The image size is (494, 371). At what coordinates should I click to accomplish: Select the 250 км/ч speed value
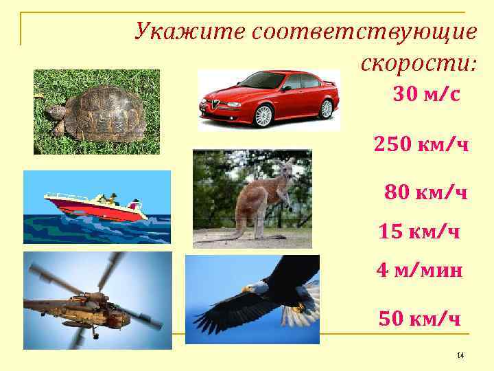pyautogui.click(x=421, y=144)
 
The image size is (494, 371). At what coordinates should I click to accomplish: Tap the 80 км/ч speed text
pyautogui.click(x=426, y=192)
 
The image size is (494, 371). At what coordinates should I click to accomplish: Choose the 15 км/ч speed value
pyautogui.click(x=419, y=232)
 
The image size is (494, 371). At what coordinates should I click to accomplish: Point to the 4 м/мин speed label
pyautogui.click(x=419, y=271)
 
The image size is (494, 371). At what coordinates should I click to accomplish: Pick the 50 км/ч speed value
pyautogui.click(x=419, y=318)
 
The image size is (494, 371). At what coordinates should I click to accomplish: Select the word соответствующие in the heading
pyautogui.click(x=364, y=32)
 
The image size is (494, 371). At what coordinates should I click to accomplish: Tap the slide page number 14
pyautogui.click(x=460, y=355)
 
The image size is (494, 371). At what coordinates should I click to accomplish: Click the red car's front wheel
pyautogui.click(x=263, y=115)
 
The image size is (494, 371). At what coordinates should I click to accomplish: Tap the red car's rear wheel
pyautogui.click(x=326, y=108)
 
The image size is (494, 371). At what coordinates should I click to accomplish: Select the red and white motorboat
pyautogui.click(x=96, y=206)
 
